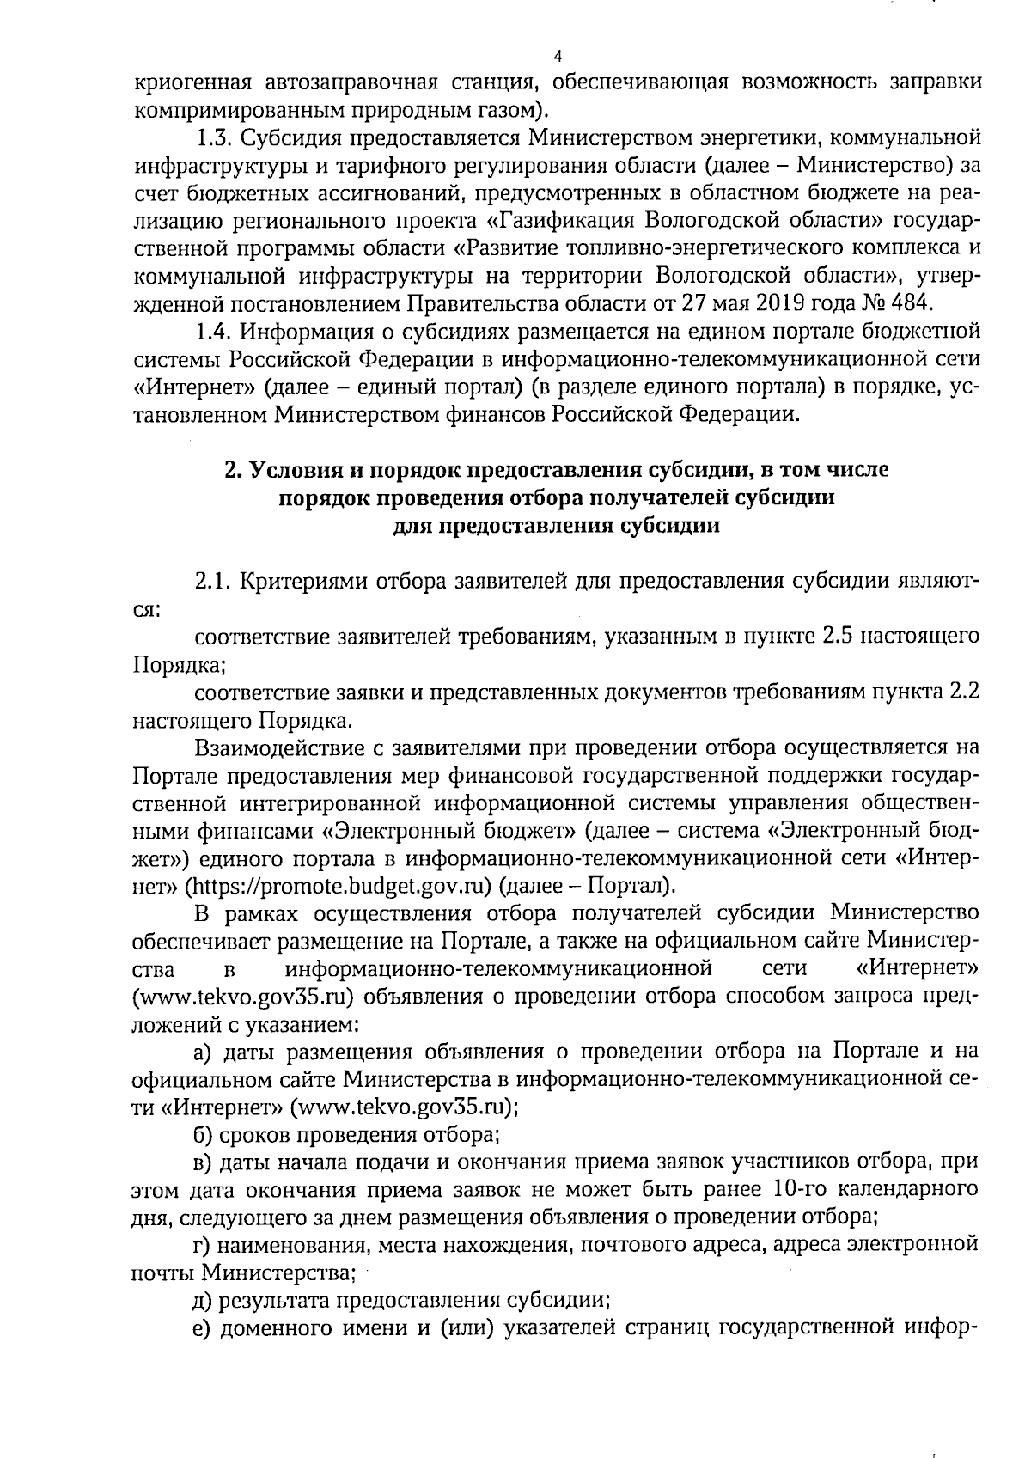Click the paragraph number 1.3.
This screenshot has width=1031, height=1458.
pos(213,137)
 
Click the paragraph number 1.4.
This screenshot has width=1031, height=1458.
pos(213,332)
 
